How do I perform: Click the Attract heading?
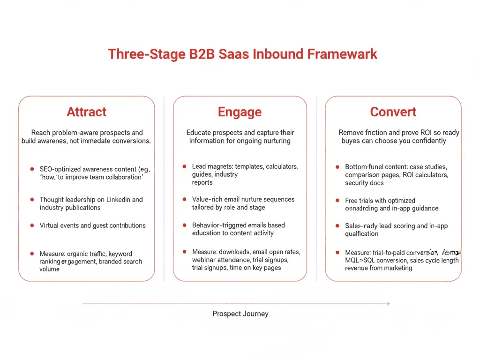coord(87,112)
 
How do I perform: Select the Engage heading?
coord(240,112)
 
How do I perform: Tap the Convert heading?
coord(393,112)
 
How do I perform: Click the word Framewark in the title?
coord(342,54)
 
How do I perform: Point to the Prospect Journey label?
coord(240,314)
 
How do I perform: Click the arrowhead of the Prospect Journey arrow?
coord(388,304)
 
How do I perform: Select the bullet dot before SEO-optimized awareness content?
coord(32,169)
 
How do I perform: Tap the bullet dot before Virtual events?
coord(32,225)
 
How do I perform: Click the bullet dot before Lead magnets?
coord(184,166)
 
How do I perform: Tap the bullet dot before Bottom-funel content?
coord(337,167)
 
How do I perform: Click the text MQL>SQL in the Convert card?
coord(360,261)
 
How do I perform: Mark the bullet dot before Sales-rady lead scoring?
coord(337,226)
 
